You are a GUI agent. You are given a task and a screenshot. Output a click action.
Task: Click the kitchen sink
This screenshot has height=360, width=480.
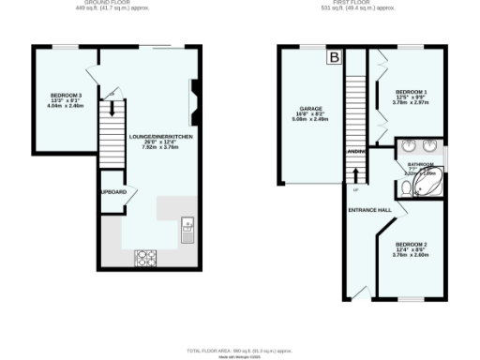click(187, 226)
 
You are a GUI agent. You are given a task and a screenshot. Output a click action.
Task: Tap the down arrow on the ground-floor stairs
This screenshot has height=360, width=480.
click(111, 96)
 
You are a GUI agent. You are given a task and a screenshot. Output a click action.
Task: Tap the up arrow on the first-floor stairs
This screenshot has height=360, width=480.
click(356, 176)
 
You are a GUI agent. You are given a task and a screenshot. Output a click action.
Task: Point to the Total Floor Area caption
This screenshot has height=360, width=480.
click(239, 349)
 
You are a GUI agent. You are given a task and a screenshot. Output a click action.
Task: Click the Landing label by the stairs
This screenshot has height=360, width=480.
click(356, 150)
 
